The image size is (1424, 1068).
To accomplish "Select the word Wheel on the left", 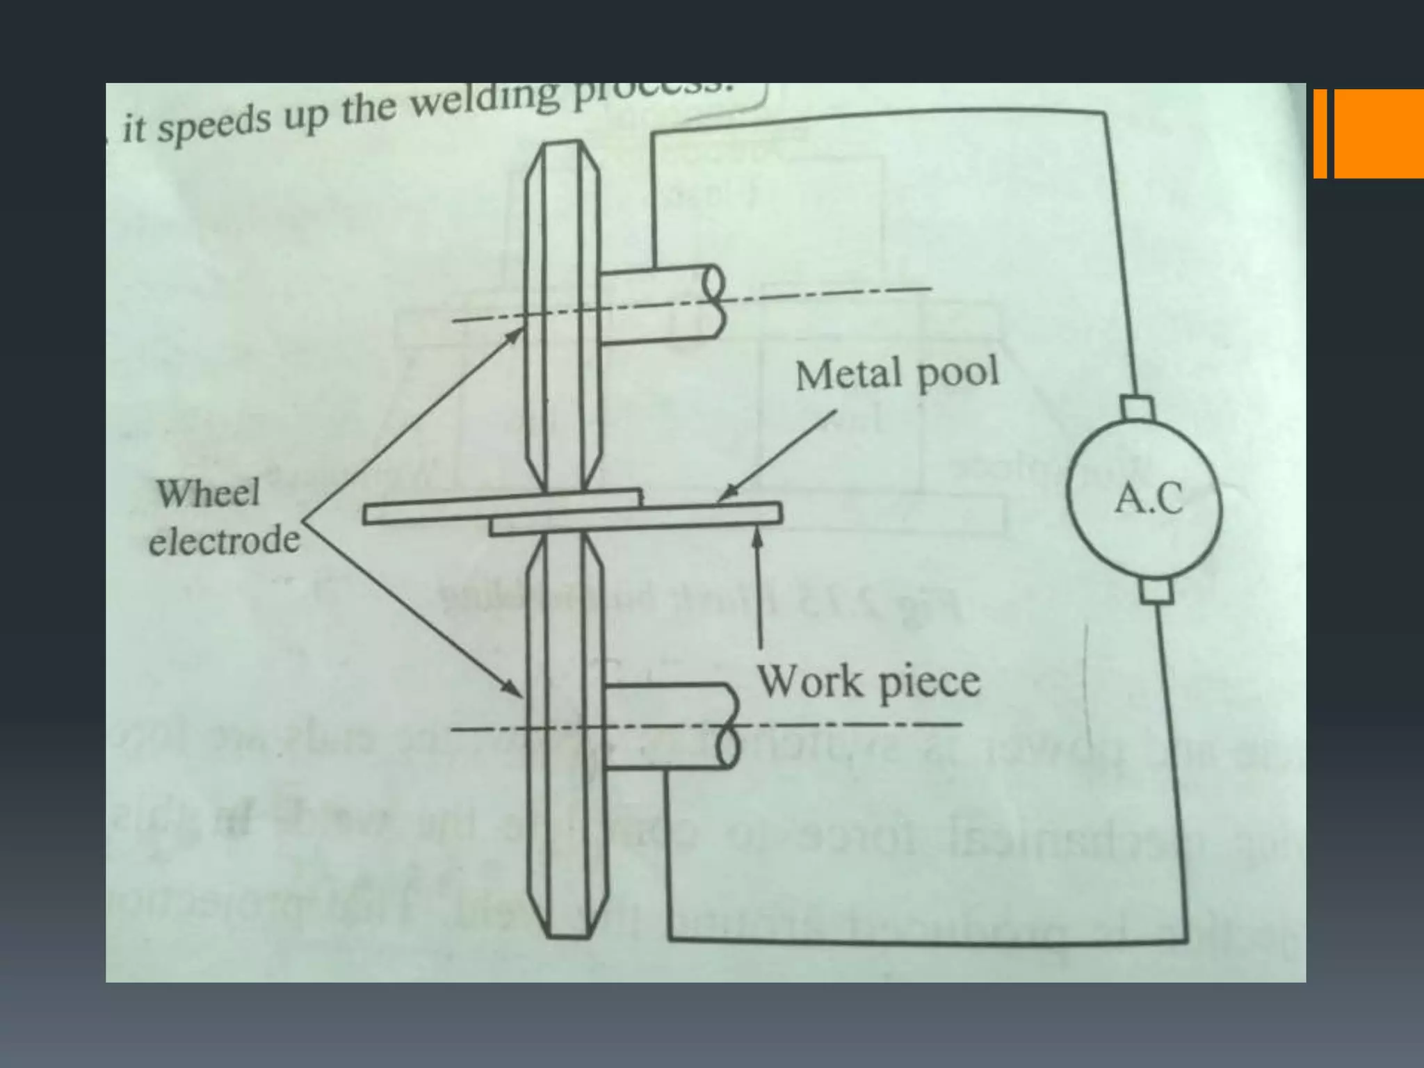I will pyautogui.click(x=208, y=493).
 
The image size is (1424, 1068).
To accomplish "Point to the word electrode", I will pyautogui.click(x=224, y=540).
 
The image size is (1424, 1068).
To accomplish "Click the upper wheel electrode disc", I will pyautogui.click(x=563, y=313).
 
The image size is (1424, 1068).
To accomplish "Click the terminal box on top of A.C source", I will pyautogui.click(x=1137, y=407).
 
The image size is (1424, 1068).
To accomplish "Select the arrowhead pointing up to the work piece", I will pyautogui.click(x=759, y=537).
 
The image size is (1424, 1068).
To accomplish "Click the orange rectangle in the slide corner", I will pyautogui.click(x=1377, y=133).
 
